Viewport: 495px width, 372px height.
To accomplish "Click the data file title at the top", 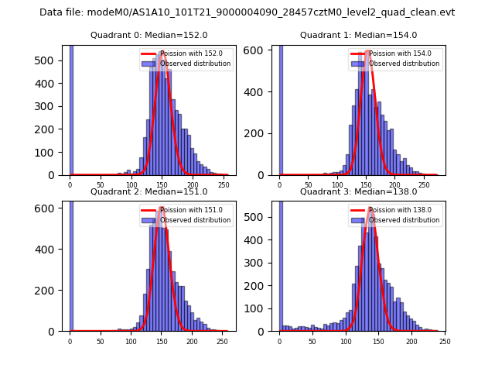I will point(247,12).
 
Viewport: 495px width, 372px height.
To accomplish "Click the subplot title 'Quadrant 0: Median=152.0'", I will point(148,35).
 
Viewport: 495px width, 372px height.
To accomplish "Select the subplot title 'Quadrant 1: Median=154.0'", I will point(358,35).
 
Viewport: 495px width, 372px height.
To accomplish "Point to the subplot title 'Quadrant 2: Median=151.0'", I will point(148,191).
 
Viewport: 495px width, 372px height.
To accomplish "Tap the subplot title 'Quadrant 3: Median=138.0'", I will point(358,191).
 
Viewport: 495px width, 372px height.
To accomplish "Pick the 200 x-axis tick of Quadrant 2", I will point(161,341).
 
